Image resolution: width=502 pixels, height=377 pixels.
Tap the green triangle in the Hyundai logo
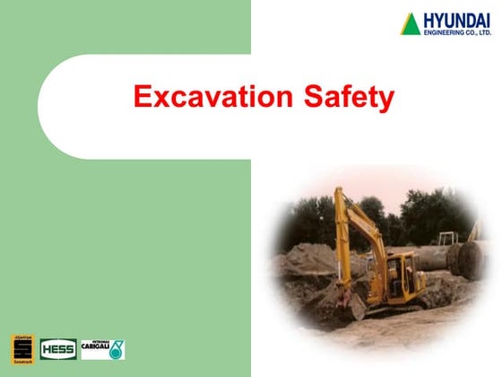coord(411,23)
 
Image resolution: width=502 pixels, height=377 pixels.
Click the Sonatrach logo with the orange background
coord(22,347)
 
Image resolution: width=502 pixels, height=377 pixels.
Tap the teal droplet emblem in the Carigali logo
coord(116,349)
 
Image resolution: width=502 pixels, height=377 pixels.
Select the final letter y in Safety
coord(385,101)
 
